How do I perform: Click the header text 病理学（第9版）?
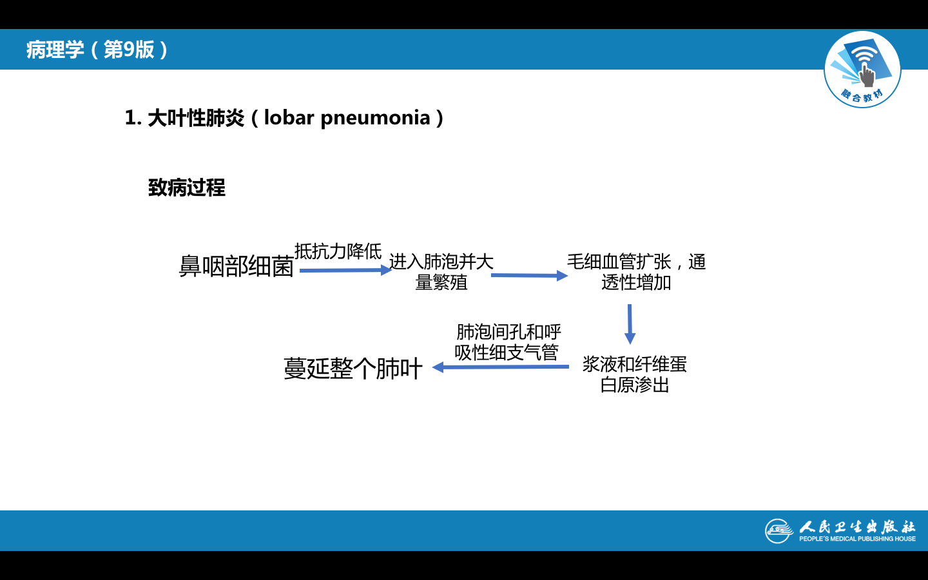pyautogui.click(x=97, y=50)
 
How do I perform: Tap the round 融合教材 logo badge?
pyautogui.click(x=862, y=70)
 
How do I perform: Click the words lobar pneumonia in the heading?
pyautogui.click(x=347, y=118)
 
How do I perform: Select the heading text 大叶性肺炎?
pyautogui.click(x=196, y=118)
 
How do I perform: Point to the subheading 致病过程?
pyautogui.click(x=187, y=188)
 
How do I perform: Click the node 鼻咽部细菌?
pyautogui.click(x=236, y=266)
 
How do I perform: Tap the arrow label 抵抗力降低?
pyautogui.click(x=338, y=251)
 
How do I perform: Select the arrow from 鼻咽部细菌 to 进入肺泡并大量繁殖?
pyautogui.click(x=345, y=270)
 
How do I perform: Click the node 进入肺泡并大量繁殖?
pyautogui.click(x=441, y=272)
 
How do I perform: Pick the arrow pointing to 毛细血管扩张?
pyautogui.click(x=528, y=276)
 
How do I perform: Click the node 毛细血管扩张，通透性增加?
pyautogui.click(x=636, y=272)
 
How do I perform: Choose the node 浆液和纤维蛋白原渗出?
pyautogui.click(x=635, y=374)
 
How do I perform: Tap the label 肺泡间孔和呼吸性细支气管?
pyautogui.click(x=508, y=342)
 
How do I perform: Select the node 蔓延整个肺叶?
pyautogui.click(x=353, y=369)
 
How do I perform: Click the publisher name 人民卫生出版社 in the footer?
pyautogui.click(x=857, y=527)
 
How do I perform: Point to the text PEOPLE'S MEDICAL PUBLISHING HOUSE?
pyautogui.click(x=857, y=539)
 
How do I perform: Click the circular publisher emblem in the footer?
pyautogui.click(x=778, y=531)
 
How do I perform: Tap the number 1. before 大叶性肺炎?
pyautogui.click(x=133, y=118)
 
